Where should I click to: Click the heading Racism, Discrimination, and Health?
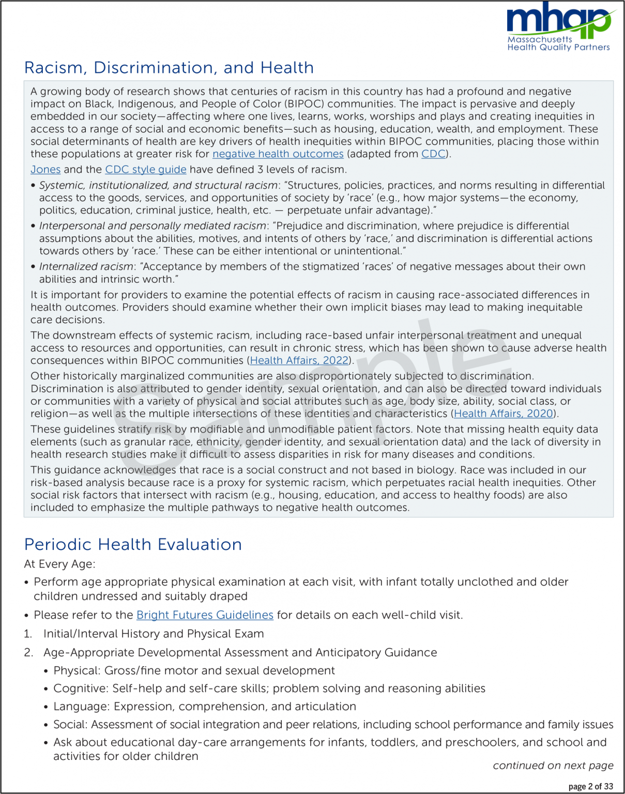tap(169, 68)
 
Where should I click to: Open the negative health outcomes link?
tap(278, 154)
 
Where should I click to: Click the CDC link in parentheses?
tap(433, 154)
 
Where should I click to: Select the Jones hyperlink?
tap(45, 170)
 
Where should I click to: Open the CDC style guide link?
tap(146, 170)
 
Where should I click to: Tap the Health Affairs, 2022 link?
tap(299, 360)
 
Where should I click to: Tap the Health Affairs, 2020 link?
tap(504, 414)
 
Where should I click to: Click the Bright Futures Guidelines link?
tap(205, 615)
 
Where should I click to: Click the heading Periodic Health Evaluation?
tap(133, 544)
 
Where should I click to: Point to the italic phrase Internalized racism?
tap(86, 267)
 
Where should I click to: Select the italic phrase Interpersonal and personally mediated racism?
tap(153, 226)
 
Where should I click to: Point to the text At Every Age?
tap(59, 564)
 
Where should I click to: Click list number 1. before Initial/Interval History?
tap(28, 634)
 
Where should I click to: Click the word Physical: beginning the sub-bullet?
tap(77, 671)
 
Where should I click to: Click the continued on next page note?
tap(553, 766)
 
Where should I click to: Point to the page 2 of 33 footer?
tap(590, 787)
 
